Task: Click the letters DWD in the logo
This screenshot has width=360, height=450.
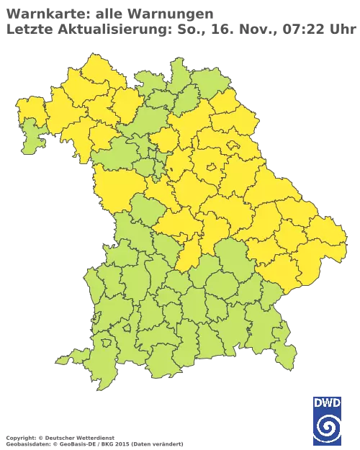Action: click(328, 402)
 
